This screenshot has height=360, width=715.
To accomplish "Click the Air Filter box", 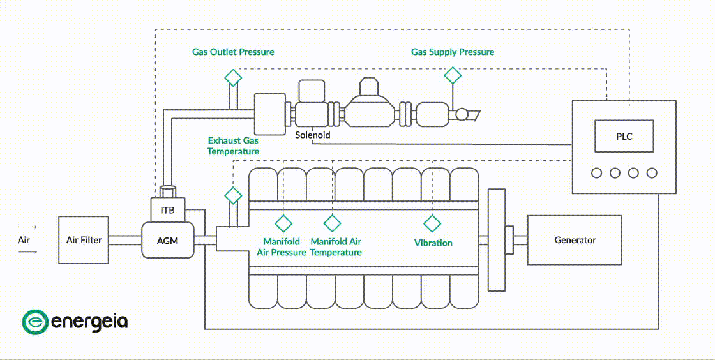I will click(x=84, y=240).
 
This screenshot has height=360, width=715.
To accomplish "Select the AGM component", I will click(x=167, y=241).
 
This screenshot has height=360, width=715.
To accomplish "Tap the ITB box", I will click(x=167, y=210).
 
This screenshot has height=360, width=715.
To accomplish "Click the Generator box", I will click(x=575, y=240).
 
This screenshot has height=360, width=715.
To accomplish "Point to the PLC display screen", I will click(x=624, y=137).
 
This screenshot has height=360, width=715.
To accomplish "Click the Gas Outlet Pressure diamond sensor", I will click(x=233, y=77).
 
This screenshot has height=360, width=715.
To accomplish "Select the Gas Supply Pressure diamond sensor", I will click(x=453, y=75).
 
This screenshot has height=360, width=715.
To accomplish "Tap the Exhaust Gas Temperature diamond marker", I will click(x=233, y=195).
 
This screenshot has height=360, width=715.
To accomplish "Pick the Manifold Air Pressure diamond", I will click(x=283, y=223).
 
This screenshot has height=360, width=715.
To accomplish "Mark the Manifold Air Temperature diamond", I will click(x=332, y=223).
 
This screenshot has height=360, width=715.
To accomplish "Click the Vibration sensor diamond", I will click(x=432, y=223).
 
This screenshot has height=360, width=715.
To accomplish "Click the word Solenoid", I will click(x=312, y=135).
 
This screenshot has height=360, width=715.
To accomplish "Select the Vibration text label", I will click(x=433, y=243).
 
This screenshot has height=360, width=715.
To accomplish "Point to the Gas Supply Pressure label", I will click(x=452, y=52).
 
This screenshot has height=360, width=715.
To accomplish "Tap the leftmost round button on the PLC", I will click(x=597, y=173).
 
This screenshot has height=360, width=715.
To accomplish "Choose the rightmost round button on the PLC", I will click(x=652, y=173).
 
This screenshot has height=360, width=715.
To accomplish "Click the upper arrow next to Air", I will click(x=27, y=227).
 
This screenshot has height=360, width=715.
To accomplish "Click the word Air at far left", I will click(x=24, y=240).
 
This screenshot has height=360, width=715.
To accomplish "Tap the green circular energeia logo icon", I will click(x=34, y=322).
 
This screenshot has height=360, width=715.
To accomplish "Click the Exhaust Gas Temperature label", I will click(x=233, y=146).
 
